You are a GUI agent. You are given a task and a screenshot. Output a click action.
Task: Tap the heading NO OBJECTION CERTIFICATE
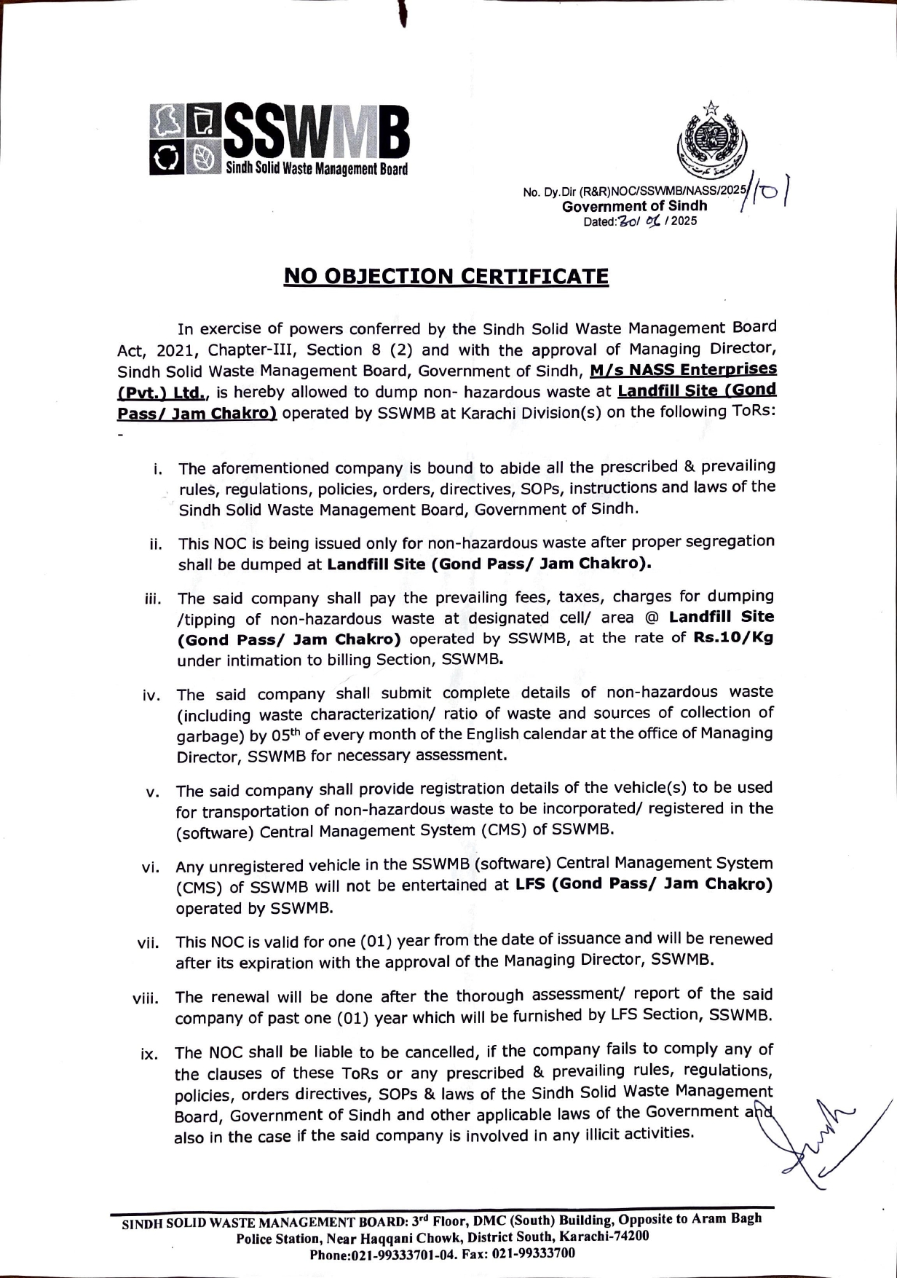(x=446, y=277)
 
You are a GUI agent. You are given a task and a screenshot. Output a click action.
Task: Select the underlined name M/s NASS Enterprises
(x=683, y=371)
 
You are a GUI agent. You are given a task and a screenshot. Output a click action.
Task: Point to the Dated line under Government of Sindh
(x=640, y=221)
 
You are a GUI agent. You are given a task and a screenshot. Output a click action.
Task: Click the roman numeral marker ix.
(x=149, y=1054)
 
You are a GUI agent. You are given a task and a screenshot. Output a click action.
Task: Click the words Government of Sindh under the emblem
(x=634, y=206)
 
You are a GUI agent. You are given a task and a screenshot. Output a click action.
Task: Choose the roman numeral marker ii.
(x=155, y=545)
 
